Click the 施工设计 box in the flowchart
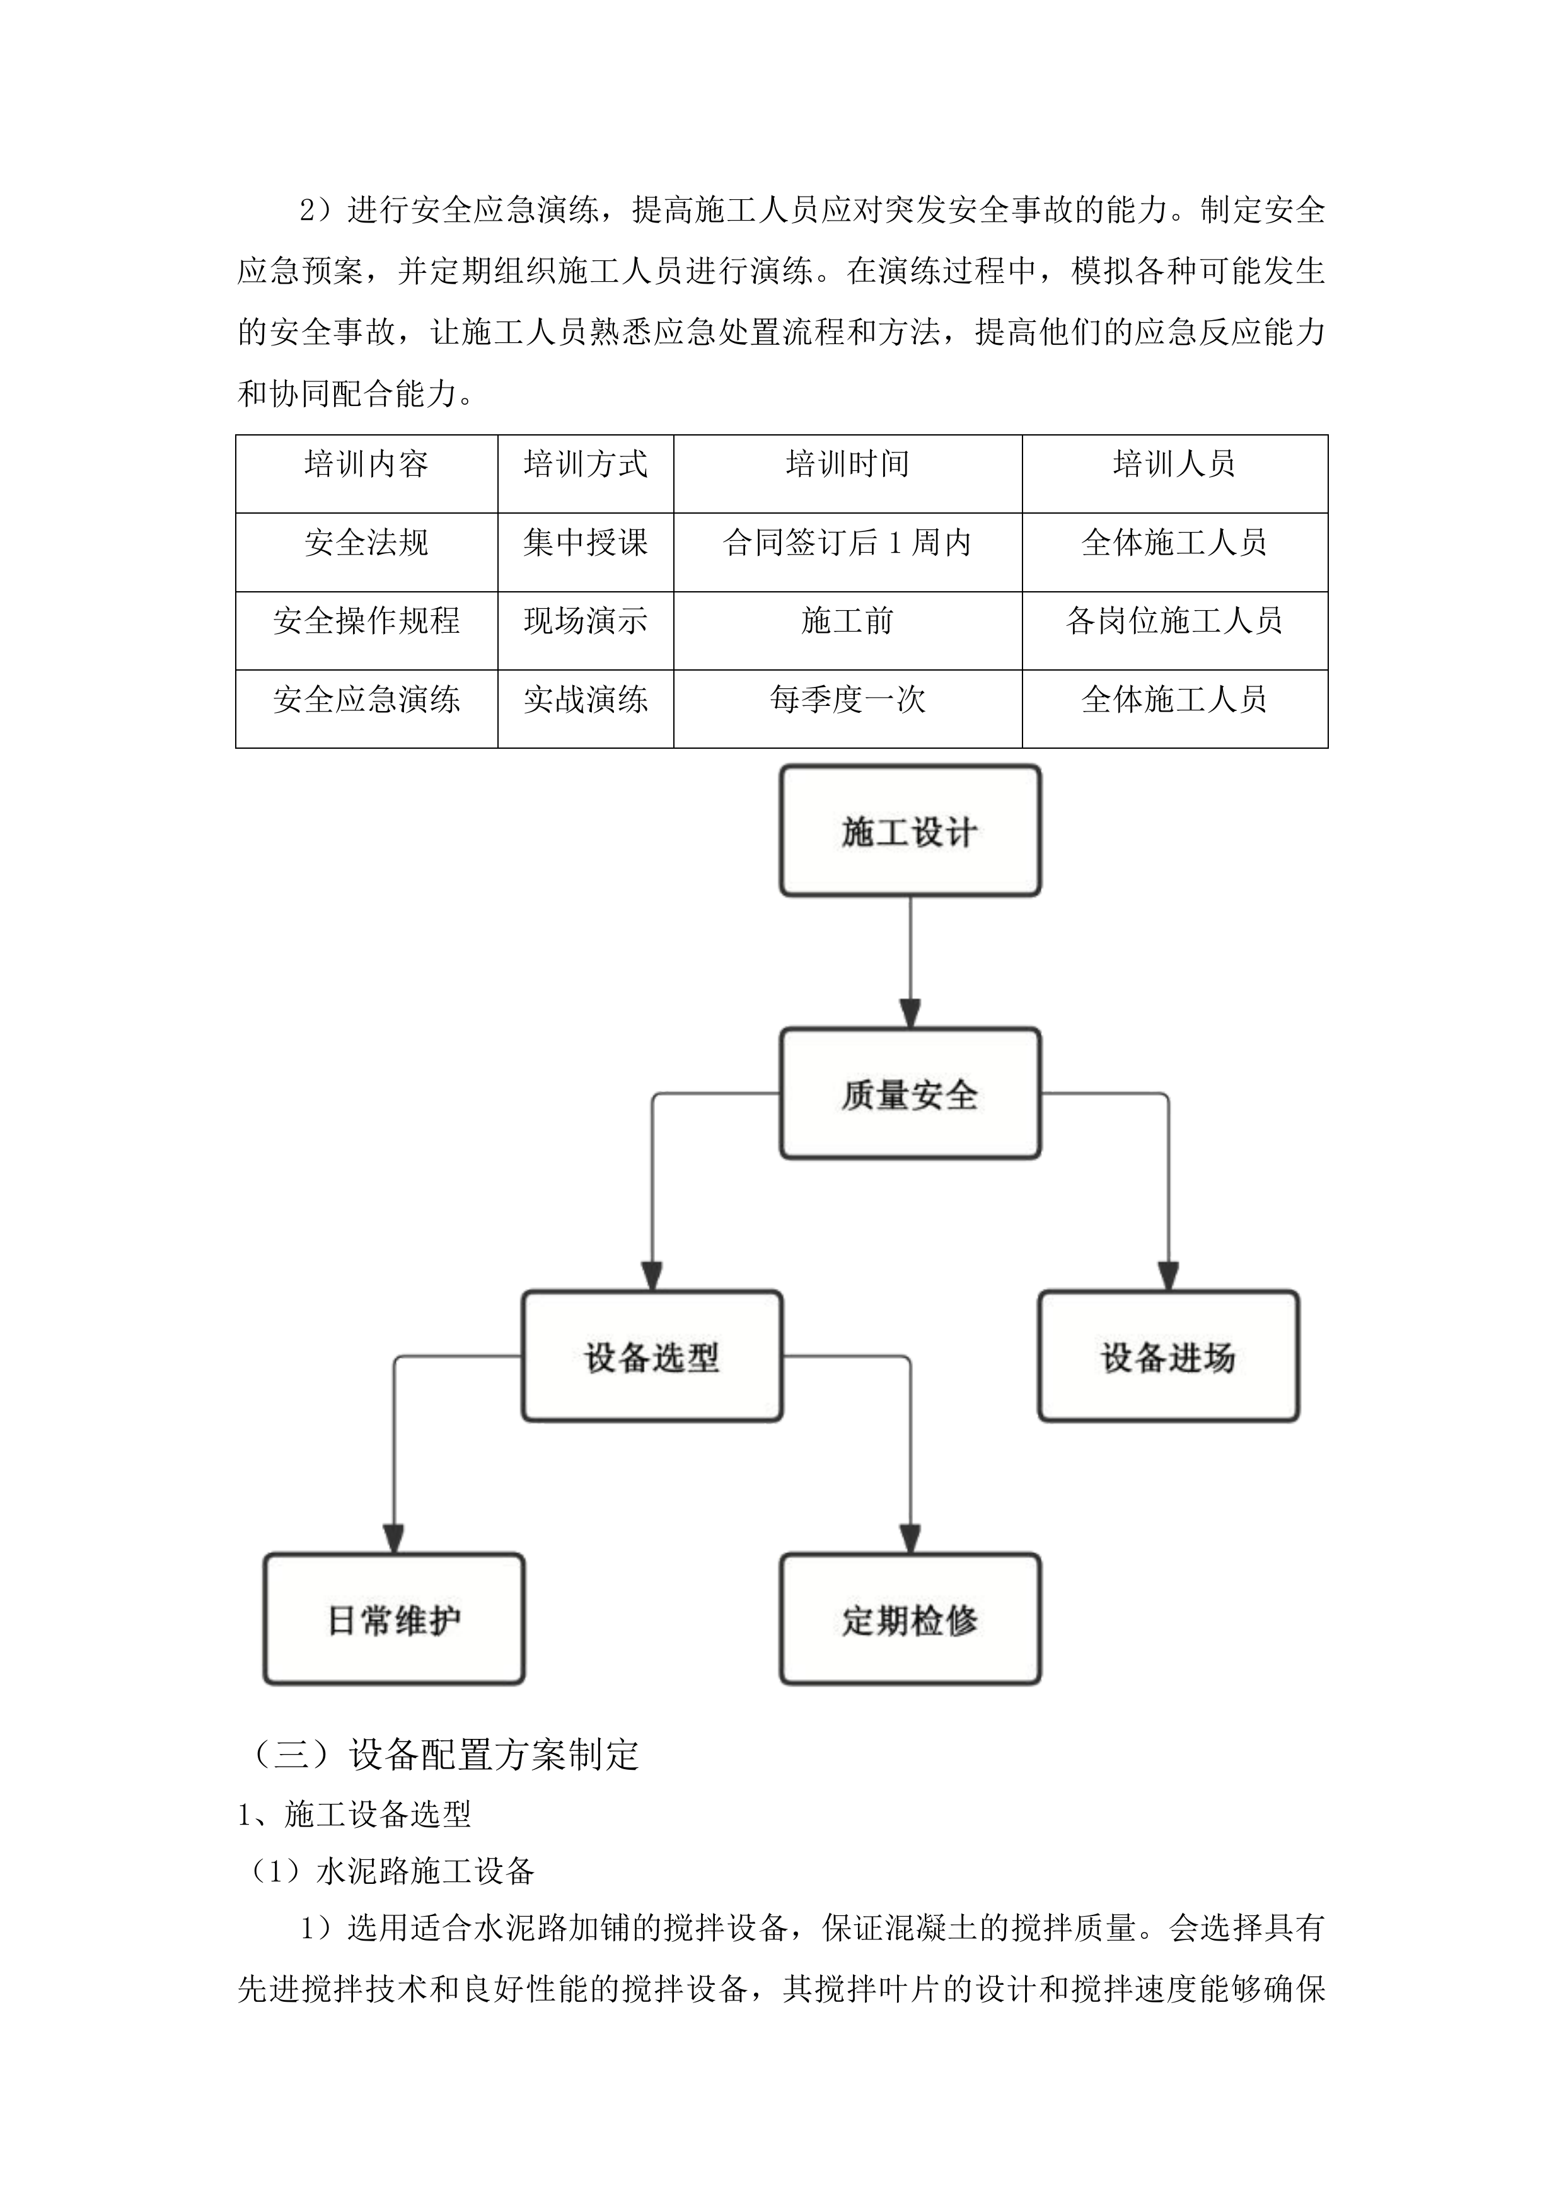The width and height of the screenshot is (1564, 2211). (x=910, y=831)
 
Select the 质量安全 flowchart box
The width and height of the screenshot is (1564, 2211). (x=910, y=1094)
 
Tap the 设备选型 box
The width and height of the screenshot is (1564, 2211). (x=652, y=1357)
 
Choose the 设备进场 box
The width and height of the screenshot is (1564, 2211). (x=1168, y=1357)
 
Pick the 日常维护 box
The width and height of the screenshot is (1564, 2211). (x=394, y=1620)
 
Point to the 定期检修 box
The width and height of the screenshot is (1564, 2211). (x=910, y=1620)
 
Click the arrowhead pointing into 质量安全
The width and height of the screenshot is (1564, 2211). (x=910, y=1014)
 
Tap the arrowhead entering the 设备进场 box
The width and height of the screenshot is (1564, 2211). (x=1168, y=1277)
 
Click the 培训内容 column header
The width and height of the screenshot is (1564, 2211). (x=366, y=465)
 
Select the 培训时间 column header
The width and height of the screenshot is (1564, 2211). (x=847, y=465)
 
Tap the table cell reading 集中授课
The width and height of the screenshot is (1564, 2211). (x=586, y=543)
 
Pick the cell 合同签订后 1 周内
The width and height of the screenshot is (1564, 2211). (x=847, y=543)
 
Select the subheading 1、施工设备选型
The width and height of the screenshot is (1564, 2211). (x=354, y=1815)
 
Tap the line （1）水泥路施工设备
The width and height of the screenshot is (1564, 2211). (x=387, y=1871)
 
